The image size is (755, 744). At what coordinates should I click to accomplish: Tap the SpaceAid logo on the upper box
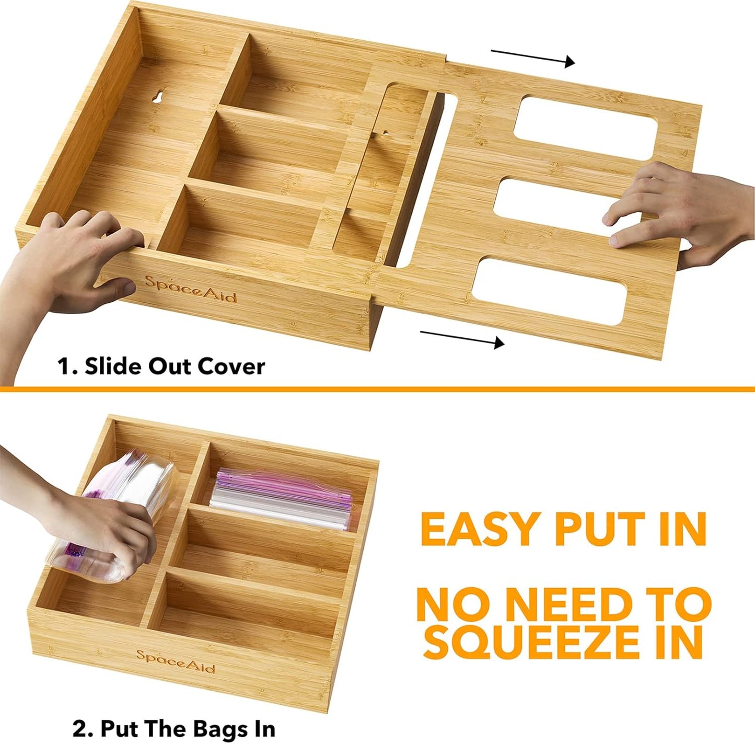pos(191,289)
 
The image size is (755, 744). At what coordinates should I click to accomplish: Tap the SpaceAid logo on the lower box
pos(176,661)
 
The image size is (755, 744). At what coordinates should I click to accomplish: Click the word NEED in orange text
pos(570,604)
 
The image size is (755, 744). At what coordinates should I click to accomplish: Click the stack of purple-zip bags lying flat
pos(282,499)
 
